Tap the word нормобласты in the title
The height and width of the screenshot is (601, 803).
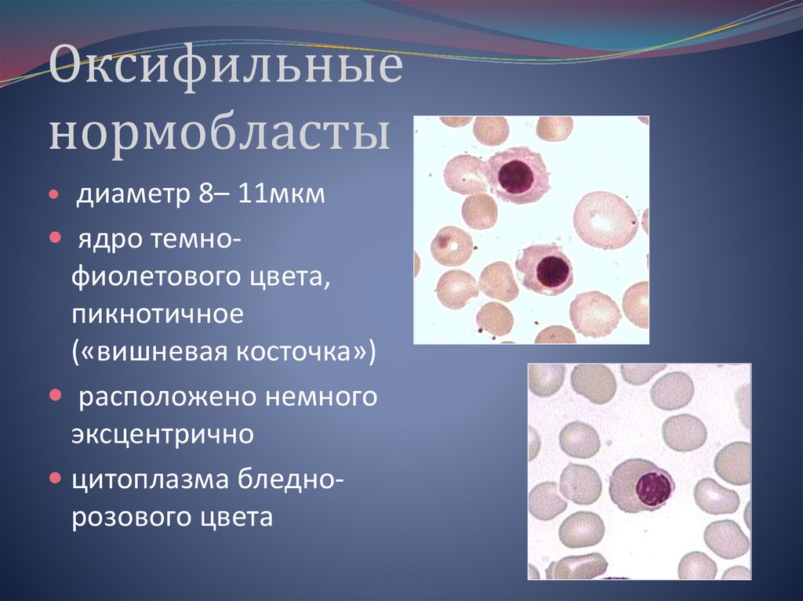coord(220,133)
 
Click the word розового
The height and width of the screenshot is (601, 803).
coord(128,516)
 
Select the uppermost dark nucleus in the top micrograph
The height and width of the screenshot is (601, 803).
coord(515,176)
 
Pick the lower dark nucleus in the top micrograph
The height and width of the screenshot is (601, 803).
coord(553,270)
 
